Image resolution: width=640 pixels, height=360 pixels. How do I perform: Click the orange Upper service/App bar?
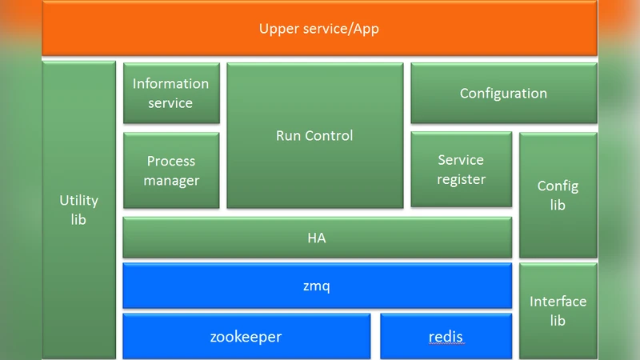click(319, 29)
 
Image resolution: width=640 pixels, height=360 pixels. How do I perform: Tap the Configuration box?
click(503, 94)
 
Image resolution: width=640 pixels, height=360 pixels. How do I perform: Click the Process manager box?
click(171, 170)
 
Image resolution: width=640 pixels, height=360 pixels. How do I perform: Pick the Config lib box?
click(558, 195)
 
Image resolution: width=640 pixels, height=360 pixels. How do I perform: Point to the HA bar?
click(317, 238)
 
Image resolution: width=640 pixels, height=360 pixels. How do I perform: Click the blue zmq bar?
click(317, 285)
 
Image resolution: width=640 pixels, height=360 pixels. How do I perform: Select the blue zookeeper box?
click(246, 337)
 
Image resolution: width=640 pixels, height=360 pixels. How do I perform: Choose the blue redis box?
click(446, 337)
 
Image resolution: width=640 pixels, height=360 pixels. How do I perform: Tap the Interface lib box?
click(558, 310)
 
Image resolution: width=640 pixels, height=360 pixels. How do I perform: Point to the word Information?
click(170, 84)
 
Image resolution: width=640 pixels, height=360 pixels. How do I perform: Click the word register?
click(462, 180)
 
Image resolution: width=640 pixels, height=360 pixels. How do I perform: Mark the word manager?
click(171, 181)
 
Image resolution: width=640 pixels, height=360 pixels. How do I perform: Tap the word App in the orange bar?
click(366, 30)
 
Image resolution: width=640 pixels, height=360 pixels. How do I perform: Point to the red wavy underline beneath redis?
click(446, 345)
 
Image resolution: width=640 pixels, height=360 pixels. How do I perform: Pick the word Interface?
click(558, 302)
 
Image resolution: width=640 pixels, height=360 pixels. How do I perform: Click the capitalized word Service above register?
click(461, 160)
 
